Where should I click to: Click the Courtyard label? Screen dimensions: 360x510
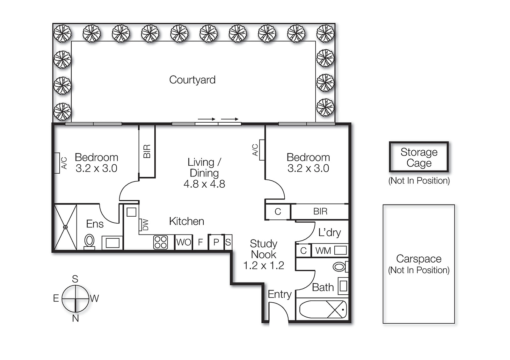pos(192,80)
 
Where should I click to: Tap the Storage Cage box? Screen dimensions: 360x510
pos(419,157)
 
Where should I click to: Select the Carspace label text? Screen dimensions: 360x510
pos(419,259)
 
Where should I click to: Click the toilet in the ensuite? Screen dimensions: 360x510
pos(90,241)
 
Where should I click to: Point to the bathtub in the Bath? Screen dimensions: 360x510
pos(323,309)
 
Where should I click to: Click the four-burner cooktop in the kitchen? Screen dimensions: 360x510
pos(160,242)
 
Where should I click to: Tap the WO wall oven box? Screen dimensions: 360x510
pos(184,242)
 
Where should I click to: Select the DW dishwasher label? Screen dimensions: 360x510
pos(145,224)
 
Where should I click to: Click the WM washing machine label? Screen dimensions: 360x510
pos(323,251)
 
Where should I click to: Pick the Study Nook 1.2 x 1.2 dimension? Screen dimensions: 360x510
pos(263,265)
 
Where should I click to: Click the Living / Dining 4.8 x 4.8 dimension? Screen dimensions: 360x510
pos(204,184)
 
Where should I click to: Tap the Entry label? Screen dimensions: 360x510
pos(280,294)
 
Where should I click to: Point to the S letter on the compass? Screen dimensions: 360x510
pos(75,279)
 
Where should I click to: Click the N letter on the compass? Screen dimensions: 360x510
pos(75,318)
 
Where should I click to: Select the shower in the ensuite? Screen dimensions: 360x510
pos(65,227)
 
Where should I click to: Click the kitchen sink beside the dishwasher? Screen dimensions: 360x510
pos(131,212)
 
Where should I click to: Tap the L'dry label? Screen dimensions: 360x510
pos(329,233)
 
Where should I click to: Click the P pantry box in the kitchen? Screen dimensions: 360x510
pos(216,242)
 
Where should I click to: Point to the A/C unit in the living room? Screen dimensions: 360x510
pos(262,150)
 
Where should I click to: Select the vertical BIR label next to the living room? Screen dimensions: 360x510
pos(147,151)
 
